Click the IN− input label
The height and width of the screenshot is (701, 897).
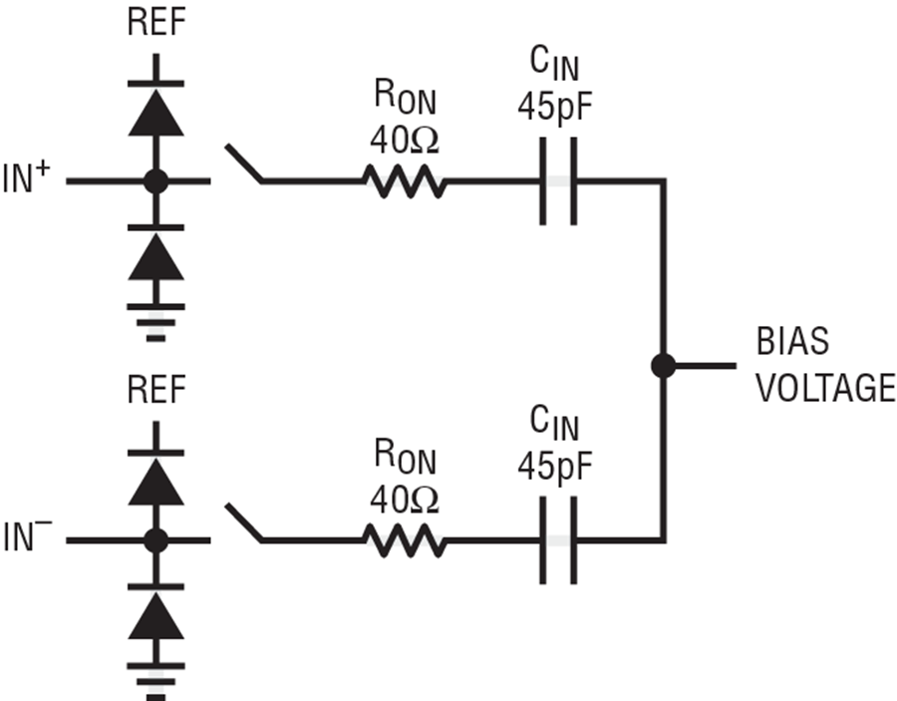point(33,541)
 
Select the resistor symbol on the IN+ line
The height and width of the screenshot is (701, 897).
point(404,182)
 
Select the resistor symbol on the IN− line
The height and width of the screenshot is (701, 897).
point(404,541)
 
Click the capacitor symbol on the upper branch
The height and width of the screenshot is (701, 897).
point(558,182)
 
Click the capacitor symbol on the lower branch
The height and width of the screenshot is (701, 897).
point(558,541)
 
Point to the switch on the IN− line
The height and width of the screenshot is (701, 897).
point(244,524)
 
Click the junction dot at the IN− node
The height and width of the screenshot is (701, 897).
point(155,541)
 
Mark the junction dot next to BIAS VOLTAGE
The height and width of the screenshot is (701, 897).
point(663,366)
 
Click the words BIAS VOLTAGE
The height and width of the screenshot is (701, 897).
point(822,366)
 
